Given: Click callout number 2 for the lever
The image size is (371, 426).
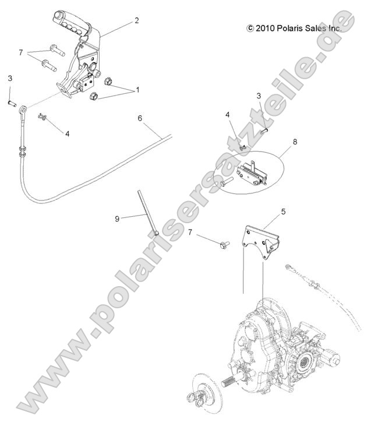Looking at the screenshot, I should click(136, 21).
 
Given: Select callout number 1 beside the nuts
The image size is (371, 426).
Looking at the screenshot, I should click(138, 90).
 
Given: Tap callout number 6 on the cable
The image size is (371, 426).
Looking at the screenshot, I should click(140, 118).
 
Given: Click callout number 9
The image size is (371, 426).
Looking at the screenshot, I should click(117, 219).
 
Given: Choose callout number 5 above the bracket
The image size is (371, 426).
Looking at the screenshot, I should click(283, 213).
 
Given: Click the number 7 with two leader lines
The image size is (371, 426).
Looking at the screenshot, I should click(20, 52).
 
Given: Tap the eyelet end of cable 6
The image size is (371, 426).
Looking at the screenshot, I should click(23, 109).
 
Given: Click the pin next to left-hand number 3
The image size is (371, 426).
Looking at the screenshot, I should click(11, 103).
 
